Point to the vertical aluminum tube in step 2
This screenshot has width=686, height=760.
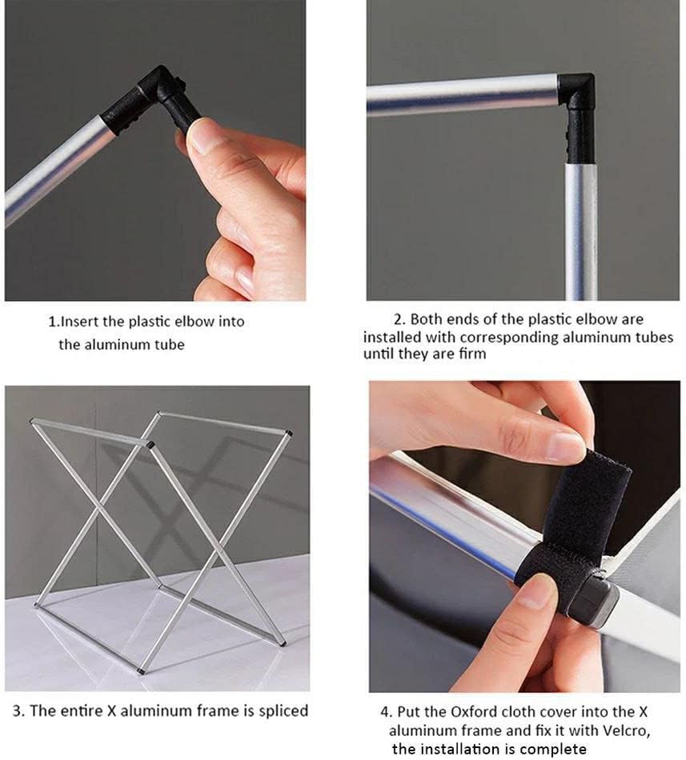tap(581, 230)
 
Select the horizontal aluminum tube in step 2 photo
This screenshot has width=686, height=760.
tap(462, 95)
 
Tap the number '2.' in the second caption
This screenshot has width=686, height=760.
tap(399, 319)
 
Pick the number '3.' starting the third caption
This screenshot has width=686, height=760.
tap(18, 711)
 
